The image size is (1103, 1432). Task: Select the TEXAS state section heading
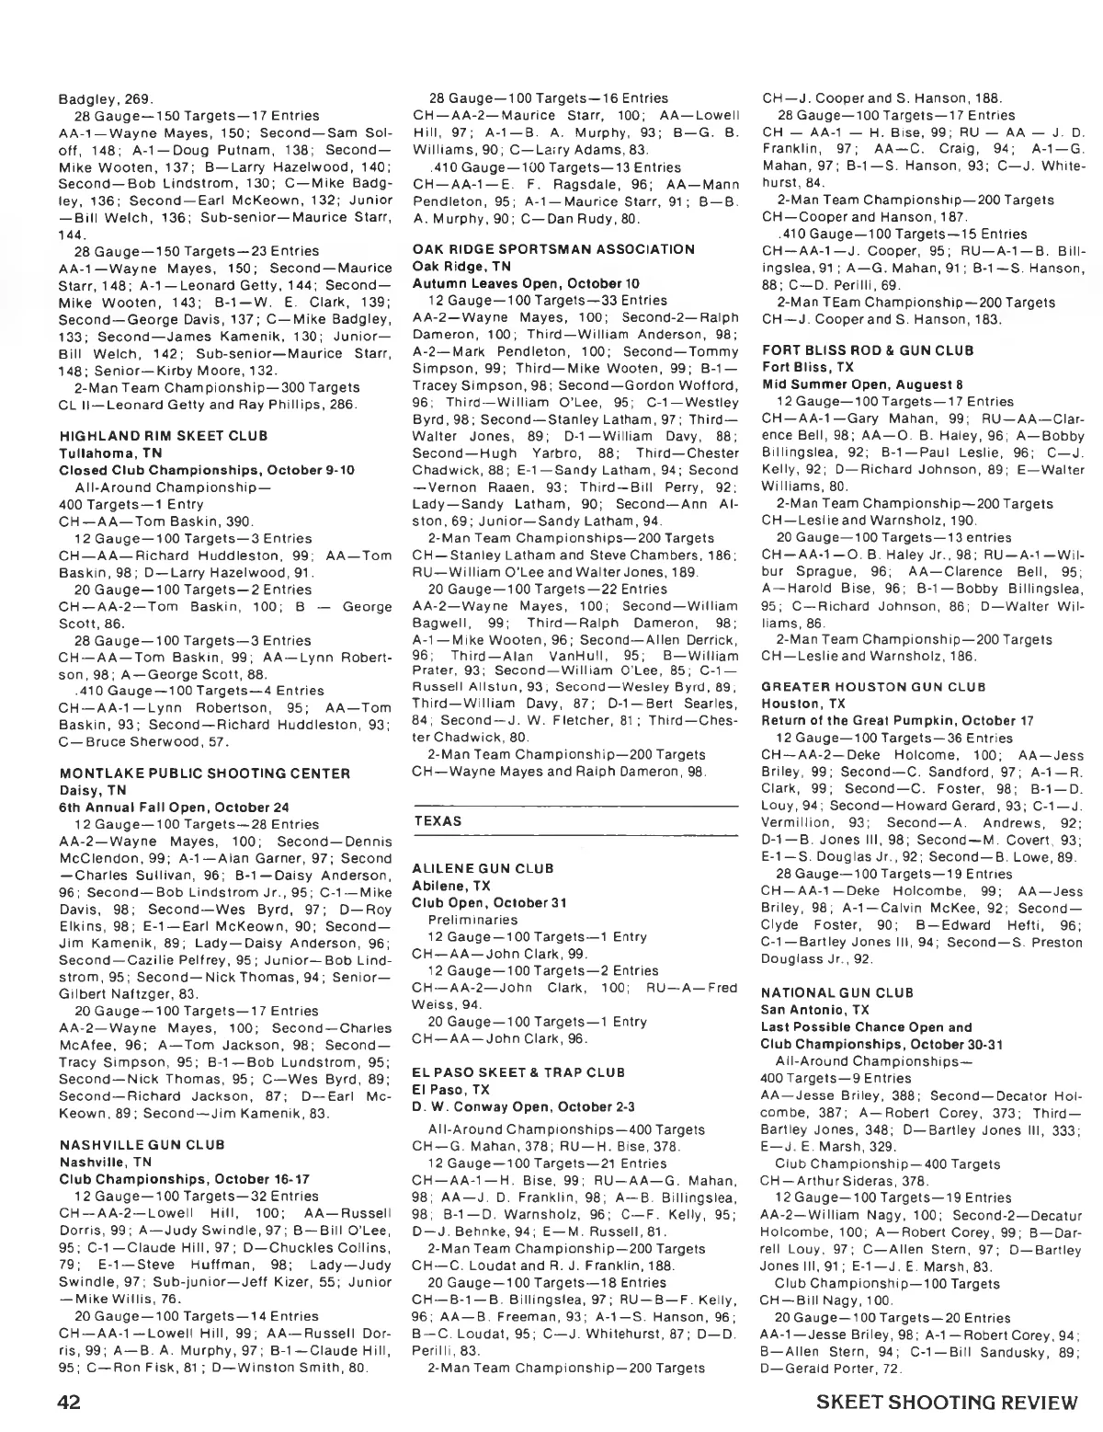(x=438, y=820)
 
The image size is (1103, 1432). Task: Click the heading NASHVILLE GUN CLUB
(x=142, y=1145)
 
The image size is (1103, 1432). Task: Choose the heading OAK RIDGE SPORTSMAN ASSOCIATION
(x=553, y=249)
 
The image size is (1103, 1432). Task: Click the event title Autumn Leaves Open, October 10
(x=512, y=283)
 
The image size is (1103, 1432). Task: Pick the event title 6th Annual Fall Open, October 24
(x=161, y=807)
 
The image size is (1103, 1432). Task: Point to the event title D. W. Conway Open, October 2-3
(x=517, y=1106)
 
